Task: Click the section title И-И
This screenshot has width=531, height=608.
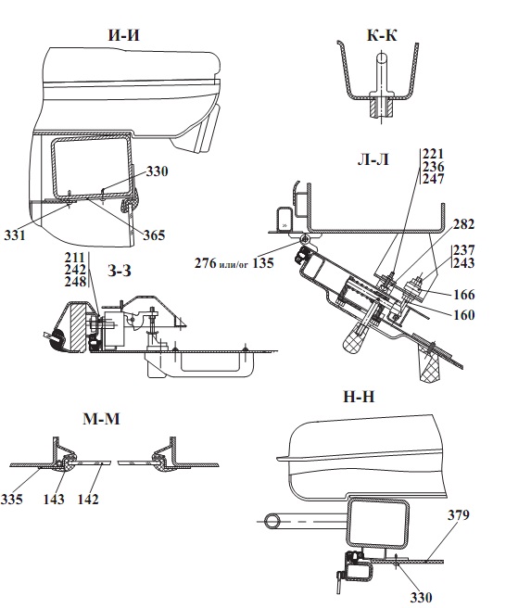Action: (123, 35)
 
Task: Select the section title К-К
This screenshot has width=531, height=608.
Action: (382, 35)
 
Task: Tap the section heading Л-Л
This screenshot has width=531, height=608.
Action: (373, 159)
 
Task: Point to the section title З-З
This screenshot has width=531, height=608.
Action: (120, 271)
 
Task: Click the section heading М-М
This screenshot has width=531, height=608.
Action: (102, 419)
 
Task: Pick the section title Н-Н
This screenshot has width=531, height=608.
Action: (359, 397)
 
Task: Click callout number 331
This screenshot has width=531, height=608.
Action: (15, 235)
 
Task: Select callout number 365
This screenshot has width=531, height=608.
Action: (154, 235)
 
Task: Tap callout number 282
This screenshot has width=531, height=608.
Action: (463, 223)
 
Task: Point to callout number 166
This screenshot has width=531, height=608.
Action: (464, 295)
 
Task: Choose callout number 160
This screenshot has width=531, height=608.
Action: (464, 314)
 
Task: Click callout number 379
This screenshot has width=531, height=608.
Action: (459, 515)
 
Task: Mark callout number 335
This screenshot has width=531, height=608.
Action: (12, 499)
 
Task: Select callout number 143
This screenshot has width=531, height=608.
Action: (54, 499)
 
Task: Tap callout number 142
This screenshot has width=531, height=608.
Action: (88, 499)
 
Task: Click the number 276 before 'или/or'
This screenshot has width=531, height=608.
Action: (206, 263)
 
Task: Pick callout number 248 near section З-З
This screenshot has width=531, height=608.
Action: (75, 282)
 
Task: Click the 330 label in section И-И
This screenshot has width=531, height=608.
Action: (157, 171)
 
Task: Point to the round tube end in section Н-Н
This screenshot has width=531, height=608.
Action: (272, 521)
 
